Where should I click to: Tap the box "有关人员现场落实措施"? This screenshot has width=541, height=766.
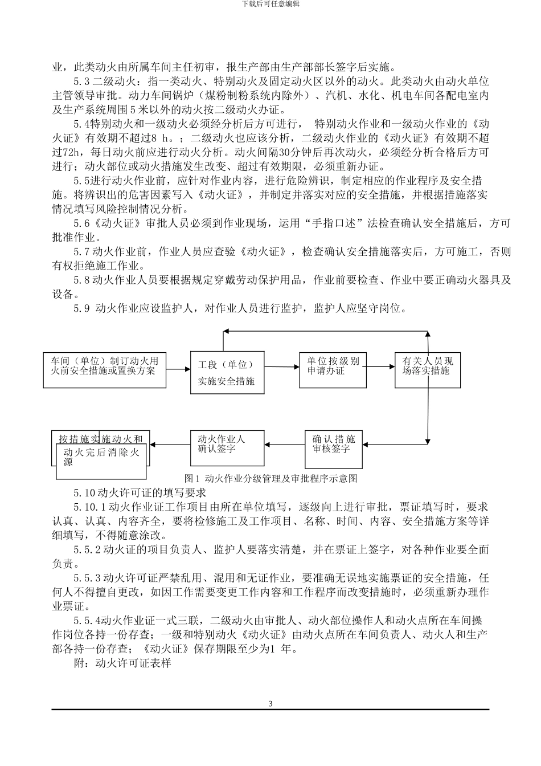tap(428, 370)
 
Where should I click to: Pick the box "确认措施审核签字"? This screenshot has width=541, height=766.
tap(334, 444)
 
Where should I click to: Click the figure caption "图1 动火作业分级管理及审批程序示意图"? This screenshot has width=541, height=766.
tap(271, 479)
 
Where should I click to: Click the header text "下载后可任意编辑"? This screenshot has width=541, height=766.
tap(270, 3)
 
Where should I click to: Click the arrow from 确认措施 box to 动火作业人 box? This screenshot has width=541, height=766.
tap(285, 443)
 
